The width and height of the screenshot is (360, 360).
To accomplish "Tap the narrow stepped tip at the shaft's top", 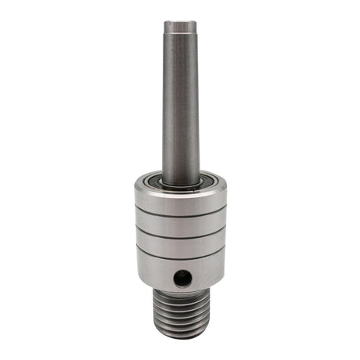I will [x=180, y=28].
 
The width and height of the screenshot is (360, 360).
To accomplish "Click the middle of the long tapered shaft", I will [x=180, y=110].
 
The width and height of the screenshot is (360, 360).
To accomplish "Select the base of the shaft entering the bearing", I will [x=180, y=178].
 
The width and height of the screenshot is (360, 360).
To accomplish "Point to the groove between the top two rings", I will [x=180, y=213].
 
